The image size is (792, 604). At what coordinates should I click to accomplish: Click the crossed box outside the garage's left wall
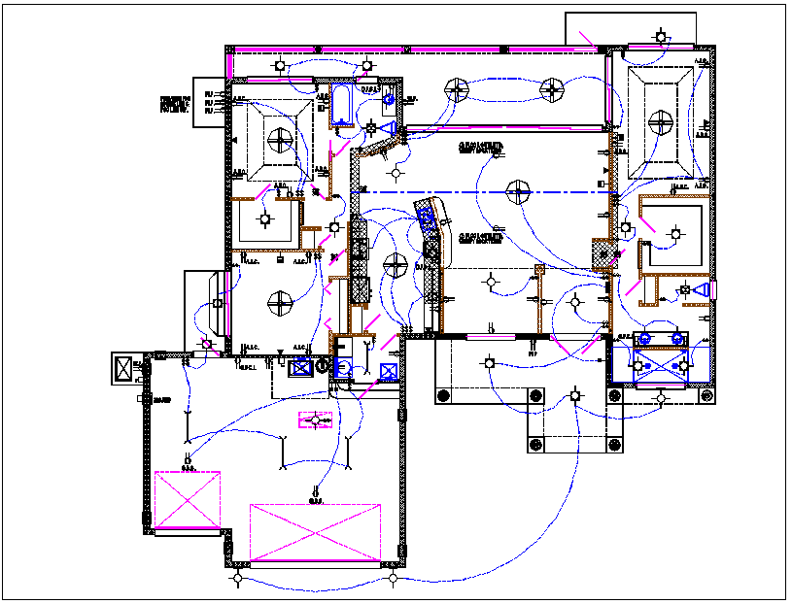(x=123, y=369)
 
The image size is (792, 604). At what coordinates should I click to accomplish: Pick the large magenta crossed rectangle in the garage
(x=314, y=532)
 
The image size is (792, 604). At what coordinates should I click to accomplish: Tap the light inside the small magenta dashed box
(x=315, y=420)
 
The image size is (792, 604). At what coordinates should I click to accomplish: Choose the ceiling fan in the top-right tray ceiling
(x=661, y=122)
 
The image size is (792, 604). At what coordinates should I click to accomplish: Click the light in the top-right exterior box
(x=661, y=38)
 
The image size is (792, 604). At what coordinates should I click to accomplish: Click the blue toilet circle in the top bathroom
(x=390, y=99)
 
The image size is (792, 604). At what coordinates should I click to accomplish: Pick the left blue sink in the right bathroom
(x=642, y=339)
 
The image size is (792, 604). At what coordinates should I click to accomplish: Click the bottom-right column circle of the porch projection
(x=613, y=445)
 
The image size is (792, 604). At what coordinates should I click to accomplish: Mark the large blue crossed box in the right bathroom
(x=661, y=366)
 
